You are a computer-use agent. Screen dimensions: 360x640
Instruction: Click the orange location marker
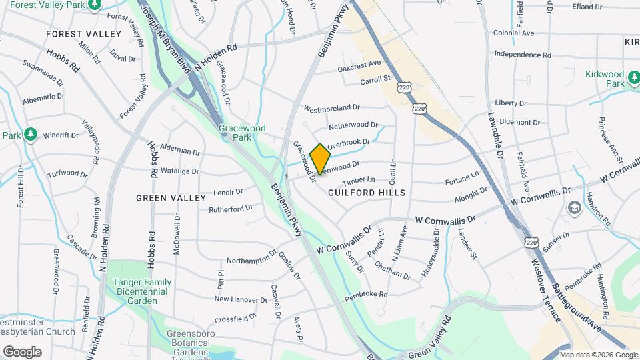point(320,159)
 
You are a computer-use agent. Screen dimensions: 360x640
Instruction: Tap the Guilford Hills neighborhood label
point(367,192)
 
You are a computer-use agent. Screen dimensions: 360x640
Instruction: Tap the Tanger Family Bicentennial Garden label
point(141,291)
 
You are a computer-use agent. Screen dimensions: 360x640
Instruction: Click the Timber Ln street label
point(359,181)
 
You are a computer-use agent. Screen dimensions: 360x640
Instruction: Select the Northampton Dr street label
point(251,258)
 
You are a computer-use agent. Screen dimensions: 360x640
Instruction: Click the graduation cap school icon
point(572,209)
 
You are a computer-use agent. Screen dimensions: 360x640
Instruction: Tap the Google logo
point(22,351)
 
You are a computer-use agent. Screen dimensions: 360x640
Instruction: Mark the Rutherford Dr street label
point(231,208)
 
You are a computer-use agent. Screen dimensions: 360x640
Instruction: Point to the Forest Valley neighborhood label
point(84,33)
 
